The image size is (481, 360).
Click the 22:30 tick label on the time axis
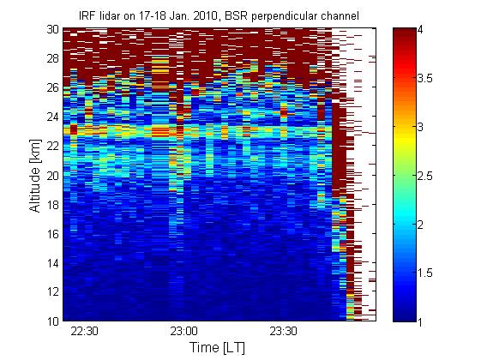pyautogui.click(x=84, y=332)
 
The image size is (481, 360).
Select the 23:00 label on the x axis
pyautogui.click(x=184, y=332)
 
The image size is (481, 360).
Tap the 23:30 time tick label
pyautogui.click(x=283, y=332)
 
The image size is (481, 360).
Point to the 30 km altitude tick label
pyautogui.click(x=53, y=29)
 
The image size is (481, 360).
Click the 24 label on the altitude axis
pyautogui.click(x=53, y=117)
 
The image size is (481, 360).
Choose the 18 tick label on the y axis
pyautogui.click(x=53, y=205)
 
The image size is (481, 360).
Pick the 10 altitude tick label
pyautogui.click(x=53, y=321)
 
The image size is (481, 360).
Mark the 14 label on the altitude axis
pyautogui.click(x=53, y=263)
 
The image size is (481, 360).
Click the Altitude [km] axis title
pyautogui.click(x=35, y=176)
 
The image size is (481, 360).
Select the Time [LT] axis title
pyautogui.click(x=217, y=348)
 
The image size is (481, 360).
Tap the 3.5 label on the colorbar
pyautogui.click(x=425, y=78)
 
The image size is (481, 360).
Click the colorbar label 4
pyautogui.click(x=421, y=30)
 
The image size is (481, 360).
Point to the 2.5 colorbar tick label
pyautogui.click(x=425, y=176)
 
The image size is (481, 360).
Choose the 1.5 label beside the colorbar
pyautogui.click(x=425, y=273)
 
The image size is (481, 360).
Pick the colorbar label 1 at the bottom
pyautogui.click(x=420, y=321)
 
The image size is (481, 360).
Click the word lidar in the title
pyautogui.click(x=109, y=16)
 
